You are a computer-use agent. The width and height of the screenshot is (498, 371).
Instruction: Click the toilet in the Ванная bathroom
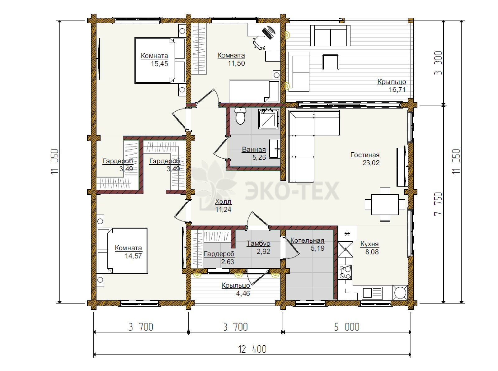click(x=240, y=116)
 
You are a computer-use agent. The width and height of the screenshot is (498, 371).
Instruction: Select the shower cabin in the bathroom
click(x=268, y=119)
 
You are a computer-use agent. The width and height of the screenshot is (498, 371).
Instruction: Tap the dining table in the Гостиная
click(x=385, y=204)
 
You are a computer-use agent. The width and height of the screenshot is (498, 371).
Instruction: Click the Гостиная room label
click(x=365, y=155)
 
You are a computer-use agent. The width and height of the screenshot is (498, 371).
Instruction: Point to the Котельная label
click(x=307, y=240)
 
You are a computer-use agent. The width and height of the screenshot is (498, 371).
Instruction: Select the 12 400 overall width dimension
click(x=252, y=349)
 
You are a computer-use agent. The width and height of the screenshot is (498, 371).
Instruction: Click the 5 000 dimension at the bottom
click(x=347, y=327)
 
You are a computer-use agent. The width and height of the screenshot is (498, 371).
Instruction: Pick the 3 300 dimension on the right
click(x=438, y=63)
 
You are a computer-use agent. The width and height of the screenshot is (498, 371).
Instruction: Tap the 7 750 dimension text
click(x=438, y=204)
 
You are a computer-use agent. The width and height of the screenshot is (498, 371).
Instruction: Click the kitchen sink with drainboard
click(x=372, y=292)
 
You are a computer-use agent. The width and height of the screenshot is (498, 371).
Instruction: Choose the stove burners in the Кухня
click(x=345, y=272)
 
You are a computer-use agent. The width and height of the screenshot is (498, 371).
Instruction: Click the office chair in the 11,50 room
click(x=259, y=43)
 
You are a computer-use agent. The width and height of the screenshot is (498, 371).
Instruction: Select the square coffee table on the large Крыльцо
click(x=331, y=62)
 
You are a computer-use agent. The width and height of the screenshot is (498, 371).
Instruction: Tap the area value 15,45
click(x=159, y=64)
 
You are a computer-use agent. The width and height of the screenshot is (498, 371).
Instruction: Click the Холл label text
click(x=223, y=202)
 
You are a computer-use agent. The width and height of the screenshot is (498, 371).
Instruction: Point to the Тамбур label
click(x=258, y=243)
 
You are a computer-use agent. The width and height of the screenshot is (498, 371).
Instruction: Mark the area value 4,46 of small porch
click(x=243, y=294)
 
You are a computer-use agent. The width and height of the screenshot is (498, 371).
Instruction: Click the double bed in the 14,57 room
click(x=123, y=250)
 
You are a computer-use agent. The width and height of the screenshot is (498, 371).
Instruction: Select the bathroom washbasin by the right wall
click(x=275, y=149)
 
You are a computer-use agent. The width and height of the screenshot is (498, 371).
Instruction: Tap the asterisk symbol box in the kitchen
click(x=347, y=234)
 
